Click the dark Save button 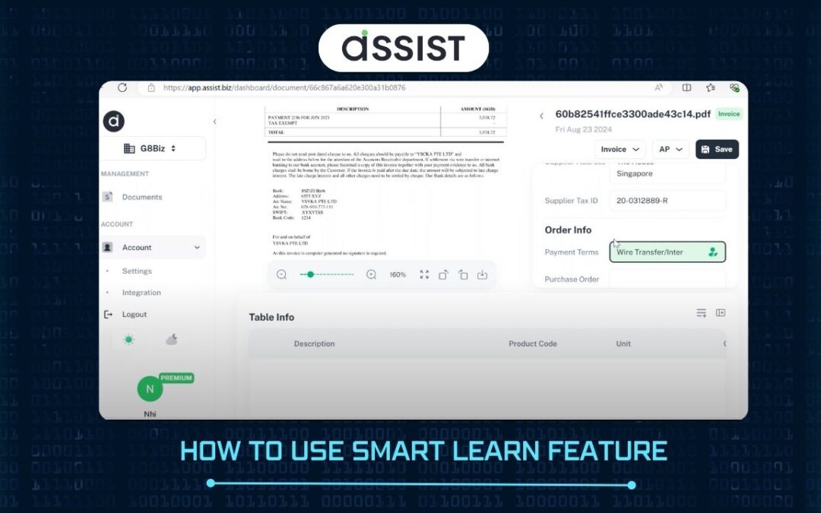716,149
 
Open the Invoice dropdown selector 620,150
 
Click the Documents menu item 141,197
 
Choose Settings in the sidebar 137,271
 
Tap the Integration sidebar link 141,293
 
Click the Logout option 134,315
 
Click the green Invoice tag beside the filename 728,114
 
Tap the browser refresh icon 122,87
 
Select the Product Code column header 532,344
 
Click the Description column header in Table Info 314,344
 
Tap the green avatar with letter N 150,389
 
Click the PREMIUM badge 176,378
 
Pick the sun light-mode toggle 128,340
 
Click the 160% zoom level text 398,274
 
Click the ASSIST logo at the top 403,47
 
